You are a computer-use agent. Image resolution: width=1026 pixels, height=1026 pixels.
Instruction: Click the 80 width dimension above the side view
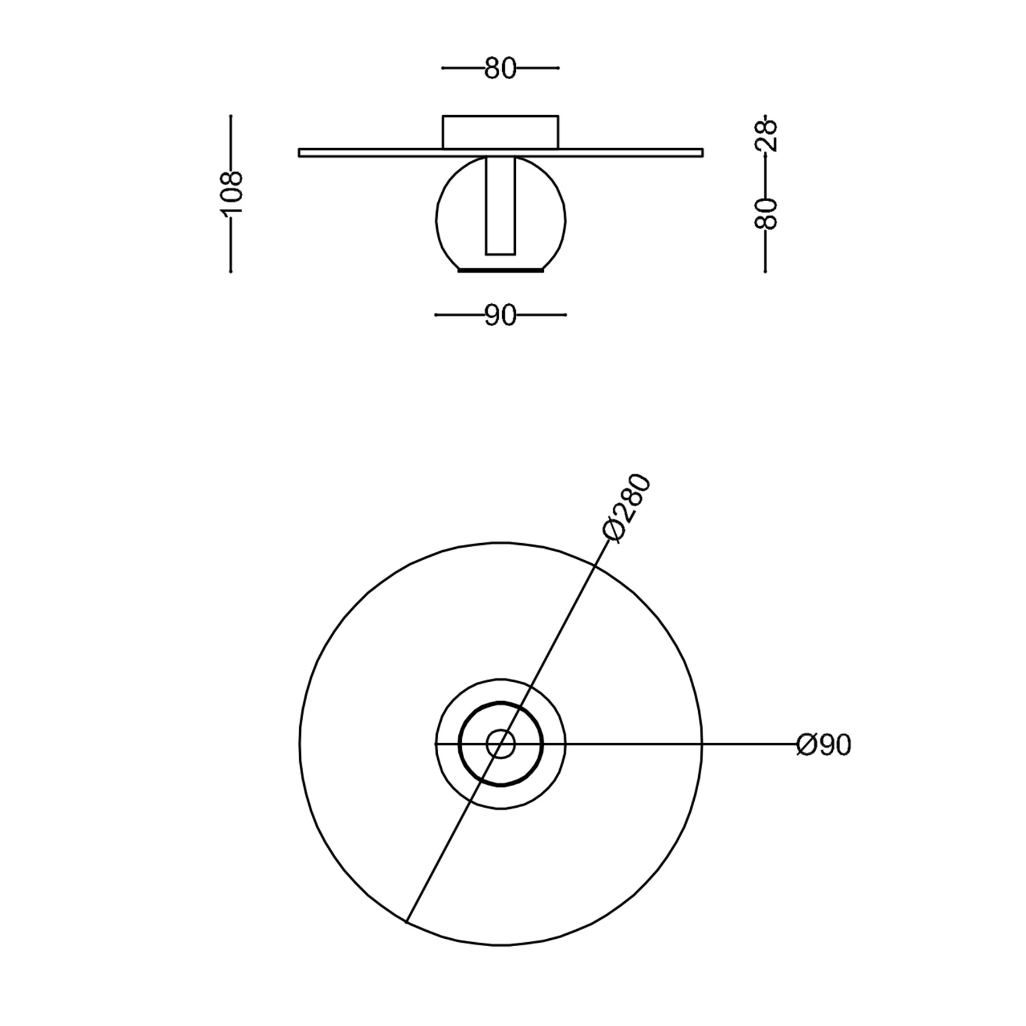(500, 68)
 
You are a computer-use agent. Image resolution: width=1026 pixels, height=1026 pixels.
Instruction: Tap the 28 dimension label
(766, 135)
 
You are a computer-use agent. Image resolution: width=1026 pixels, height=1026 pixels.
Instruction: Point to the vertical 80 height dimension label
(766, 214)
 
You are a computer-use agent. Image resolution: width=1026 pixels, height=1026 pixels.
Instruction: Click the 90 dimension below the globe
(500, 315)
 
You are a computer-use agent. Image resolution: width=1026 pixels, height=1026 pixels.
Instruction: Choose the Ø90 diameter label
(823, 744)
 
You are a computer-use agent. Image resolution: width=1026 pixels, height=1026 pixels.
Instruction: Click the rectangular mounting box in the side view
(500, 132)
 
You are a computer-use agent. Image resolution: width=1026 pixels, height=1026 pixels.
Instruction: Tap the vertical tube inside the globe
(500, 205)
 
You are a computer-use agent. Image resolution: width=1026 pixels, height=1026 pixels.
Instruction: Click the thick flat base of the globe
(500, 271)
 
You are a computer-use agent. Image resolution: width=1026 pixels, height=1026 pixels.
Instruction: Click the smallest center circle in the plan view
(500, 744)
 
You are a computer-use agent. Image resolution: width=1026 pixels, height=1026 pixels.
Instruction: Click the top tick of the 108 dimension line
(230, 116)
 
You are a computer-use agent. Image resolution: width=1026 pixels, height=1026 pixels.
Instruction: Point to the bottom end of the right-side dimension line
(765, 271)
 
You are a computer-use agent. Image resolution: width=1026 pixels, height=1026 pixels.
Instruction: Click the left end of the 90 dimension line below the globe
(436, 315)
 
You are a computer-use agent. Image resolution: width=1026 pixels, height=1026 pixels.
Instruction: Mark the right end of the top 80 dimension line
(558, 68)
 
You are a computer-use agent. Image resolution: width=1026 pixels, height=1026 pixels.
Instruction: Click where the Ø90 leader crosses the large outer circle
(702, 744)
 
